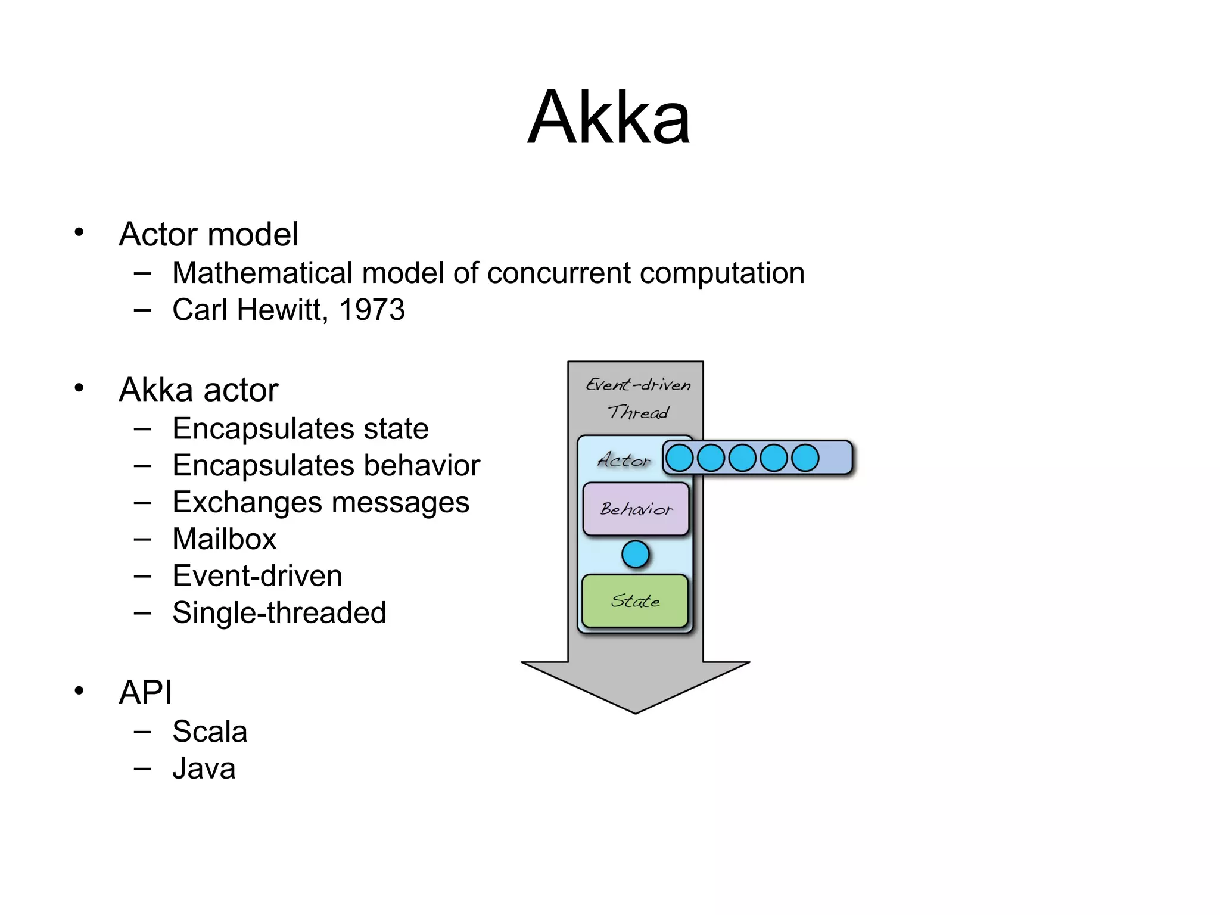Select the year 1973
(x=372, y=310)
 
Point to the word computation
(x=722, y=274)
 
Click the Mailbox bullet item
(x=225, y=539)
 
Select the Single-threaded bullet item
(x=279, y=613)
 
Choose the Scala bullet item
(x=210, y=732)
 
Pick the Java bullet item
(x=204, y=768)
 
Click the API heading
(x=145, y=692)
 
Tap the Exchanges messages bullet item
(x=320, y=502)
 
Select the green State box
(x=635, y=601)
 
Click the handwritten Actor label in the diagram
(x=624, y=460)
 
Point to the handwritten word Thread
(x=638, y=412)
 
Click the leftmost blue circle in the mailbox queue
(x=679, y=458)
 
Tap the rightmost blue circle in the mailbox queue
(x=805, y=458)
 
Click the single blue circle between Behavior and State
(x=636, y=555)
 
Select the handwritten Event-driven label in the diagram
(x=638, y=385)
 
